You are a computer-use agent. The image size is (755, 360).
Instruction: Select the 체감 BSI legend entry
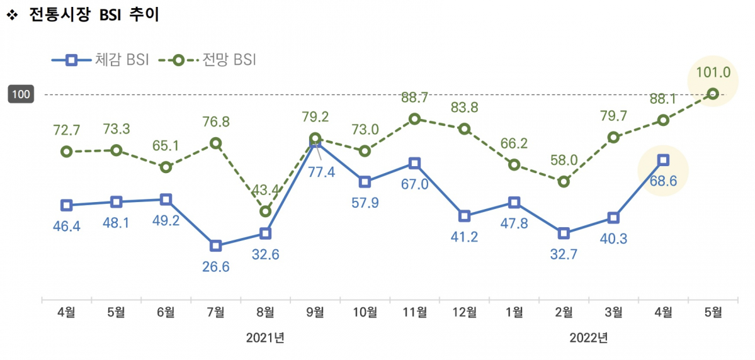click(x=101, y=60)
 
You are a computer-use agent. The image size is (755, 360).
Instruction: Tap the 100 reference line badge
click(x=21, y=94)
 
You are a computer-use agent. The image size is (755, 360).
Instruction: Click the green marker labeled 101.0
click(x=713, y=94)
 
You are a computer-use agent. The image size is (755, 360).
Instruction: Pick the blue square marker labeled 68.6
click(x=663, y=160)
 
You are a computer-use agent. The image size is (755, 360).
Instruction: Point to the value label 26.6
click(x=215, y=266)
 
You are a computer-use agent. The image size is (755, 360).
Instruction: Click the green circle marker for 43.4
click(x=266, y=211)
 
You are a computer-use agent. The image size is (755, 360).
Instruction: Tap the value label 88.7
click(x=414, y=98)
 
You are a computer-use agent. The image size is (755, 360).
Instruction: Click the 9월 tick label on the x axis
click(x=315, y=312)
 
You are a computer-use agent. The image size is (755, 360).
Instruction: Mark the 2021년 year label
click(x=265, y=338)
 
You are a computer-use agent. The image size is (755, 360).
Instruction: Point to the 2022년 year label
click(x=588, y=338)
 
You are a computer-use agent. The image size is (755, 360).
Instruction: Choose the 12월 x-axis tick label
click(x=464, y=312)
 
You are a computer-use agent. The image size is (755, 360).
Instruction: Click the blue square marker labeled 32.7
click(x=564, y=233)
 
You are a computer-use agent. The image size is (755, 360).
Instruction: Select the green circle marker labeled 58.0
click(x=564, y=181)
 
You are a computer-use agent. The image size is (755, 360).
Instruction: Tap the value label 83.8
click(x=464, y=108)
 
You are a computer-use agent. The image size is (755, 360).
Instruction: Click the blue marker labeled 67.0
click(x=414, y=164)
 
